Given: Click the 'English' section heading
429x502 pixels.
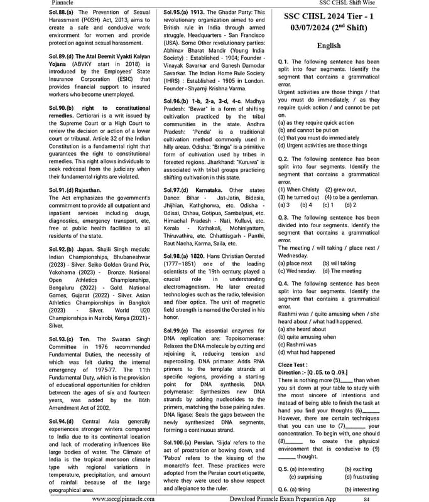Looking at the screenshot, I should click(329, 46).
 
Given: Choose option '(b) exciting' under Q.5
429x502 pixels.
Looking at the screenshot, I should click(358, 469).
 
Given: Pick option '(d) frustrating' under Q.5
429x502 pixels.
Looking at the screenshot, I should click(361, 477).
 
